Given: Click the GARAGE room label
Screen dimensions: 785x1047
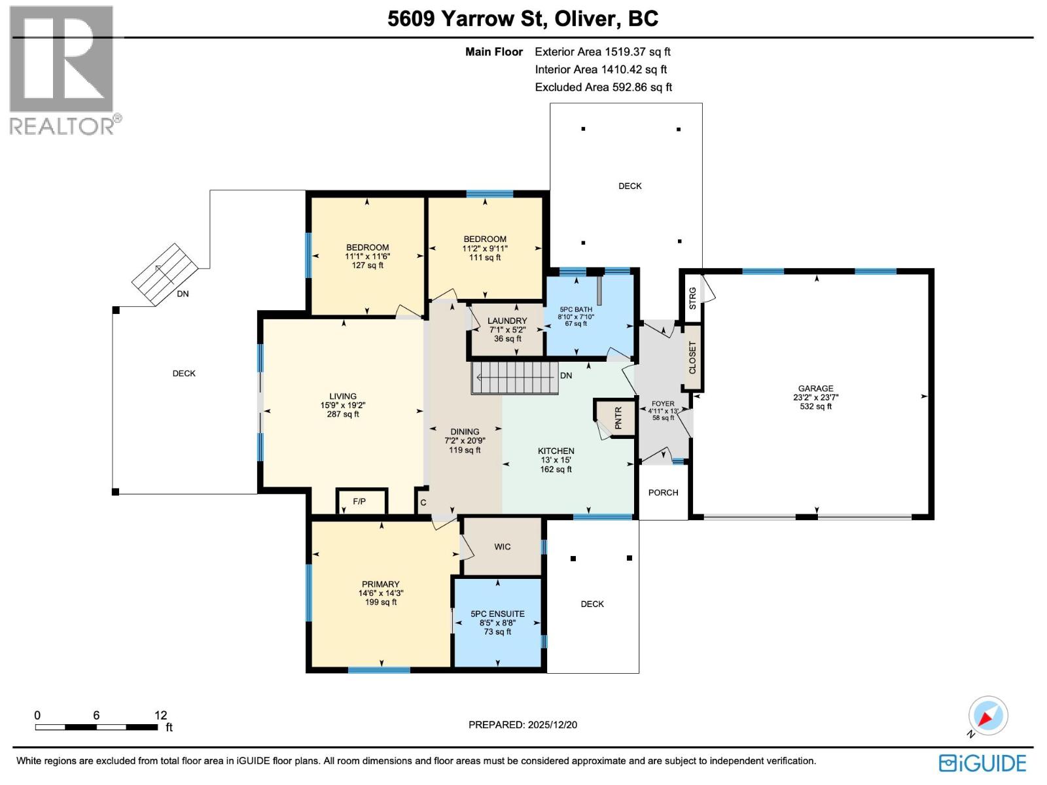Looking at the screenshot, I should tap(815, 388).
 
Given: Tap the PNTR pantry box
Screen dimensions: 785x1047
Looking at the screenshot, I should tap(618, 417).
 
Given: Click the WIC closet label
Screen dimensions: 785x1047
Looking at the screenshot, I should tap(502, 547).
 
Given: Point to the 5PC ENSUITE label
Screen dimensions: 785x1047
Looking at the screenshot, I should tap(497, 614).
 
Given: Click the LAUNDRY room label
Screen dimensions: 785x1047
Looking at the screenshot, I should tap(507, 321).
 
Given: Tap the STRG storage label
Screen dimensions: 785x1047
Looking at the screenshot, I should tap(693, 298).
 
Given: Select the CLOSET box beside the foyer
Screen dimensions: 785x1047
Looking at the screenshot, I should tap(692, 358).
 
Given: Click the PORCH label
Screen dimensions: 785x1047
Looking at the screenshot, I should tap(663, 493).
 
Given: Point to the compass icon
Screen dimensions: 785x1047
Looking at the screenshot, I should tap(988, 716).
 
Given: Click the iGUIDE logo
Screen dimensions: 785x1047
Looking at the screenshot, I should tap(982, 763).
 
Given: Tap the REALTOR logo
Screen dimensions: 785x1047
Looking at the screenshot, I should tap(63, 69).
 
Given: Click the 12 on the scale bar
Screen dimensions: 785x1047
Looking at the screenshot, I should tap(160, 715).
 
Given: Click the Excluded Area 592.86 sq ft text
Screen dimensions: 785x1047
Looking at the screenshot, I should tap(603, 87).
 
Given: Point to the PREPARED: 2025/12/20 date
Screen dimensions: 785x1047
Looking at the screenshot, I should tap(522, 725).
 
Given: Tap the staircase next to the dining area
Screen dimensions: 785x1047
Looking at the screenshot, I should tap(516, 377).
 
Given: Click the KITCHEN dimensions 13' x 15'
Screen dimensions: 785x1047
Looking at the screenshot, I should tap(556, 460).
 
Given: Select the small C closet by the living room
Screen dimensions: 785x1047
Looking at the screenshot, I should tap(423, 502).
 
